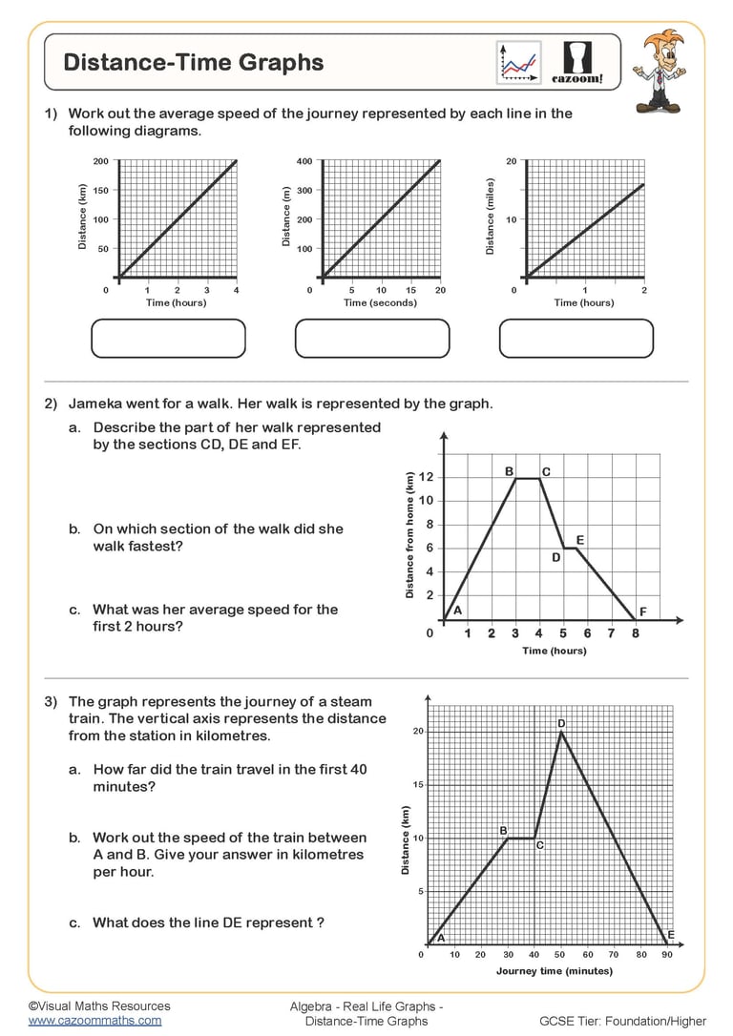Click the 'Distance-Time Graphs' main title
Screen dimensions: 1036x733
(x=194, y=63)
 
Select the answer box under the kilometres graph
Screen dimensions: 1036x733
(x=168, y=338)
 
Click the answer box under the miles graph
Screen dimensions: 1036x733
(x=576, y=338)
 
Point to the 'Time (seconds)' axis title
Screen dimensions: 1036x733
(x=380, y=302)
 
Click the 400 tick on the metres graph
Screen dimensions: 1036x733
(x=304, y=161)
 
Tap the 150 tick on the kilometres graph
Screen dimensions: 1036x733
(x=99, y=191)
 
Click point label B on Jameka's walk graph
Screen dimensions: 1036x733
(x=509, y=471)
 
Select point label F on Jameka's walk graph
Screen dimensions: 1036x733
(x=642, y=611)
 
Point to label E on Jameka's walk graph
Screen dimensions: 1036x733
(x=580, y=540)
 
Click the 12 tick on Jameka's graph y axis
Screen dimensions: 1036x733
(x=427, y=477)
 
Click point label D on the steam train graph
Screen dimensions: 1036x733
(x=561, y=724)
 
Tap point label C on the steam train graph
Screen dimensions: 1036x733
(x=539, y=845)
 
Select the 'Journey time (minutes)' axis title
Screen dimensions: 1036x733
(x=555, y=971)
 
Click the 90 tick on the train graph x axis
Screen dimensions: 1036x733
(x=666, y=954)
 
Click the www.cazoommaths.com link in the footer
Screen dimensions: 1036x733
(x=94, y=1020)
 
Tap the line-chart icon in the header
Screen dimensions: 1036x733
(x=518, y=62)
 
